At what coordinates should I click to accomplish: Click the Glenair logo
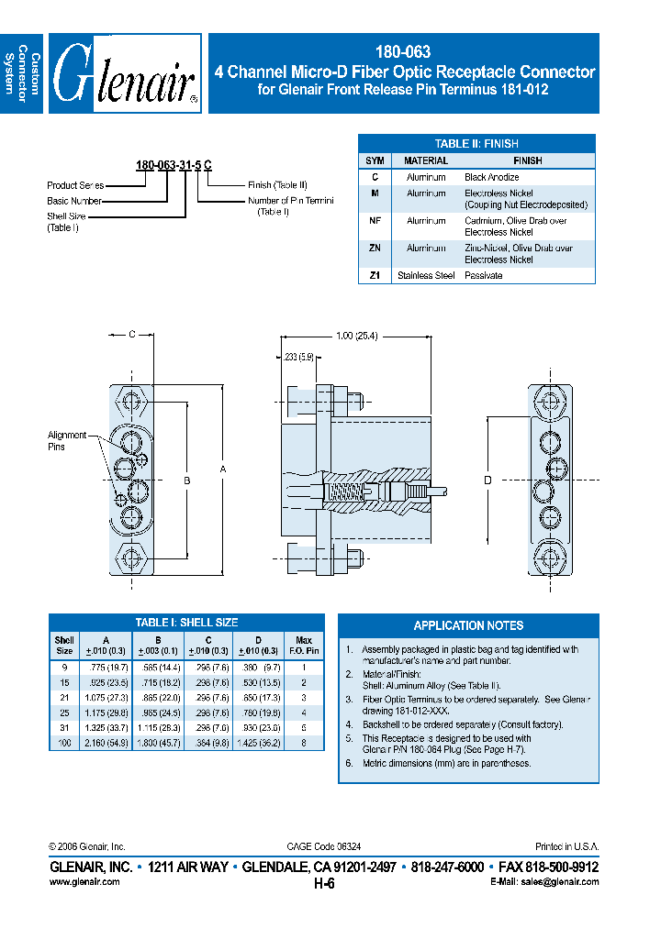[125, 73]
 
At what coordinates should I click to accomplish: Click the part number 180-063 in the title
[404, 53]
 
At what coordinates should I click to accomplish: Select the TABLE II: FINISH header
[476, 143]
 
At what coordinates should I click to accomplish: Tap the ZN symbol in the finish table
[375, 249]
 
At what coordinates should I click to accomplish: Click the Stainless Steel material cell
[426, 275]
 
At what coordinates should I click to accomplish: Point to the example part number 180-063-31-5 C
[174, 165]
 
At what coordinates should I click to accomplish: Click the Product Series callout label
[75, 185]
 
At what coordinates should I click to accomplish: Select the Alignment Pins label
[67, 441]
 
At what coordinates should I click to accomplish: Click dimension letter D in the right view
[487, 480]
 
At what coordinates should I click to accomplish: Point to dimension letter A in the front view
[222, 469]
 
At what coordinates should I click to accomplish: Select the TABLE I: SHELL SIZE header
[186, 623]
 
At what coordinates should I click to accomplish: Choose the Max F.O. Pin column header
[304, 644]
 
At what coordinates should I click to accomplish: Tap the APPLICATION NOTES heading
[468, 625]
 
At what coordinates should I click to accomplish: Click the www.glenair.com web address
[84, 881]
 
